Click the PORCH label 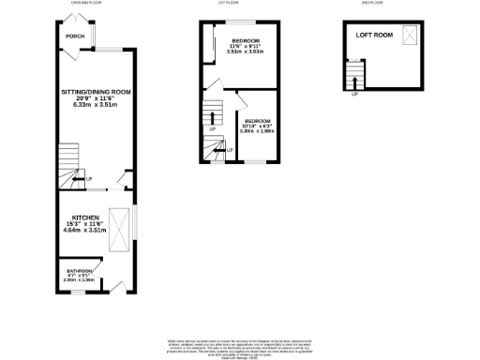(x=75, y=37)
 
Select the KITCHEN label (x=80, y=216)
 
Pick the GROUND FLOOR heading (x=86, y=4)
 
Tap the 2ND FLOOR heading (x=371, y=4)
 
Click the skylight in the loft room (x=410, y=35)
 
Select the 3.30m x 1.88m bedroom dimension (x=258, y=132)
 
